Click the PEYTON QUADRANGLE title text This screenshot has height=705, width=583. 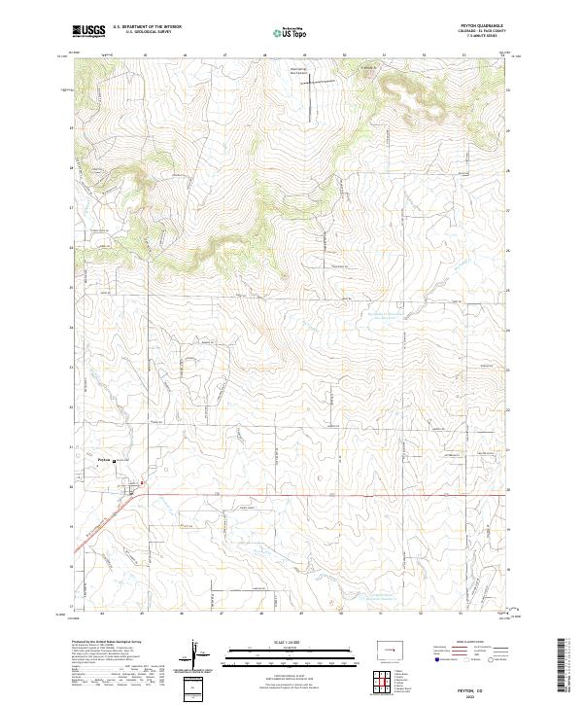coord(473,26)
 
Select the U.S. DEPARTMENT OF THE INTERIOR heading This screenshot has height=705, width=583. coord(147,27)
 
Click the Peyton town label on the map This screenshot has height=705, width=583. coord(106,461)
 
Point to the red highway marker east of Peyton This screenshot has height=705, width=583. coord(141,482)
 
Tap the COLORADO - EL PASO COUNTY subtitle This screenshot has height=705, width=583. coord(473,32)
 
